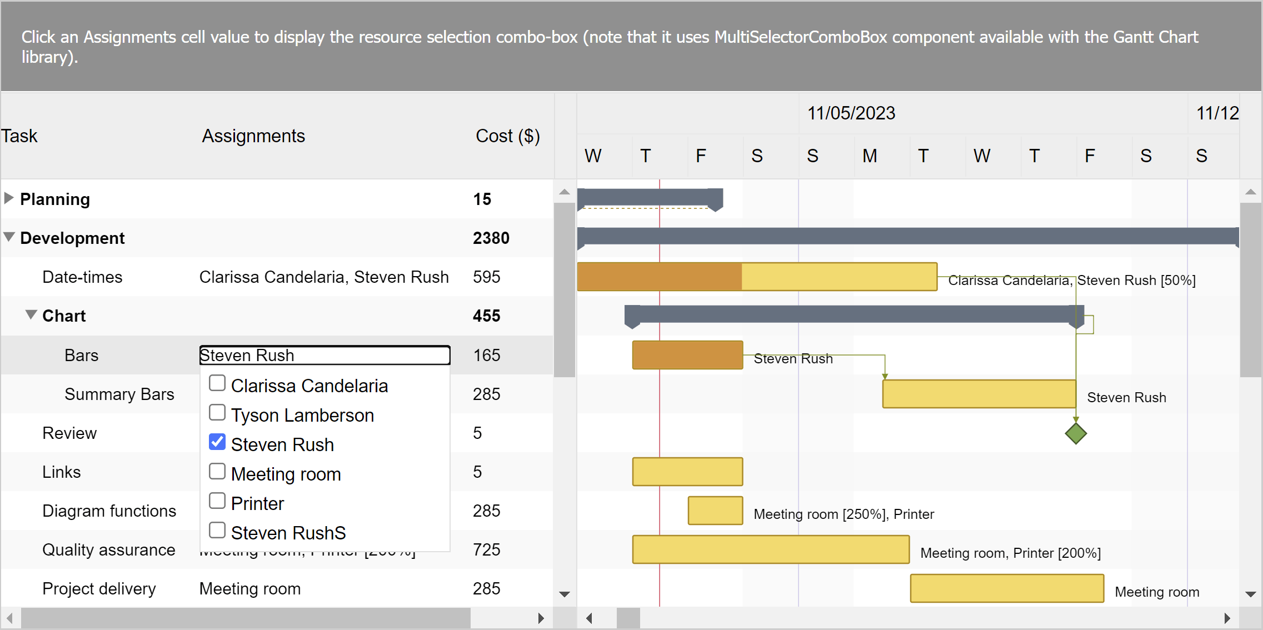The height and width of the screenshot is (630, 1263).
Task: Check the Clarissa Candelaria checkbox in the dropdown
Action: pyautogui.click(x=217, y=383)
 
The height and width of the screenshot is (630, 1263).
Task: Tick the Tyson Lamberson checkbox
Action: pyautogui.click(x=217, y=413)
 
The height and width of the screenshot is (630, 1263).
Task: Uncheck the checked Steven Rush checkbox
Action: pyautogui.click(x=217, y=442)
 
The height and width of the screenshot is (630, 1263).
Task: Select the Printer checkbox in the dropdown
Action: pyautogui.click(x=217, y=501)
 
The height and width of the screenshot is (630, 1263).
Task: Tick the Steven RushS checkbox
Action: pyautogui.click(x=217, y=531)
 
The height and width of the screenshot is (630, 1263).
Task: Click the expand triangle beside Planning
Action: pyautogui.click(x=9, y=198)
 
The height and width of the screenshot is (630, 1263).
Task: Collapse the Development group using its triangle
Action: pyautogui.click(x=9, y=237)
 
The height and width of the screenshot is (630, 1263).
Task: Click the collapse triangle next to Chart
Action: pyautogui.click(x=31, y=315)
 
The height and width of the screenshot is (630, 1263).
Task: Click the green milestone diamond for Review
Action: pyautogui.click(x=1076, y=433)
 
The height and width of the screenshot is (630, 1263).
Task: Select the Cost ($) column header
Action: pyautogui.click(x=507, y=136)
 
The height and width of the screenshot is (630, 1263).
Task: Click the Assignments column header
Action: pyautogui.click(x=253, y=136)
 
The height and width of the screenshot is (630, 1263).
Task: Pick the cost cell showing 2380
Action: pyautogui.click(x=491, y=238)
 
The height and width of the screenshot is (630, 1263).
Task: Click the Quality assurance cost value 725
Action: pyautogui.click(x=487, y=550)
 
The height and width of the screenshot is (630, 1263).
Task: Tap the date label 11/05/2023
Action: pyautogui.click(x=851, y=113)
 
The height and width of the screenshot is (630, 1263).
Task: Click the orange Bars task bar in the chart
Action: pyautogui.click(x=687, y=355)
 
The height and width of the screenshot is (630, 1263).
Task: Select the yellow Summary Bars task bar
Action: pyautogui.click(x=979, y=394)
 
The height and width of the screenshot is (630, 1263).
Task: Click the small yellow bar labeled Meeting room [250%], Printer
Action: pyautogui.click(x=715, y=511)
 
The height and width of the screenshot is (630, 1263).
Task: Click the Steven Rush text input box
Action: pyautogui.click(x=325, y=356)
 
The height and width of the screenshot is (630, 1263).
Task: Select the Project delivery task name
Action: pyautogui.click(x=99, y=589)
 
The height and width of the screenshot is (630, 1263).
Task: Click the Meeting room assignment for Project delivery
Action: pyautogui.click(x=250, y=589)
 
